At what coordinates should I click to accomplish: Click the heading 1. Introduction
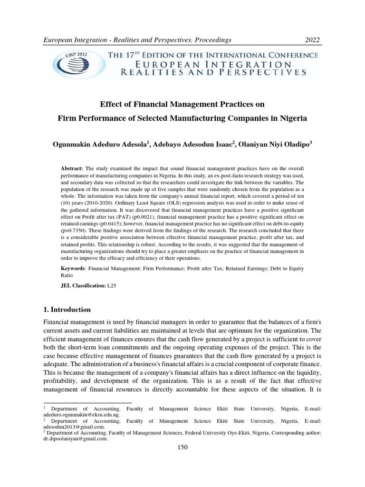coord(67,310)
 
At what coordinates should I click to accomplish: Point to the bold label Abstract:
coord(72,169)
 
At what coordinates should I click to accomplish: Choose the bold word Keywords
coord(74,269)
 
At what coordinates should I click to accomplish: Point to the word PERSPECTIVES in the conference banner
coord(265,73)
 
